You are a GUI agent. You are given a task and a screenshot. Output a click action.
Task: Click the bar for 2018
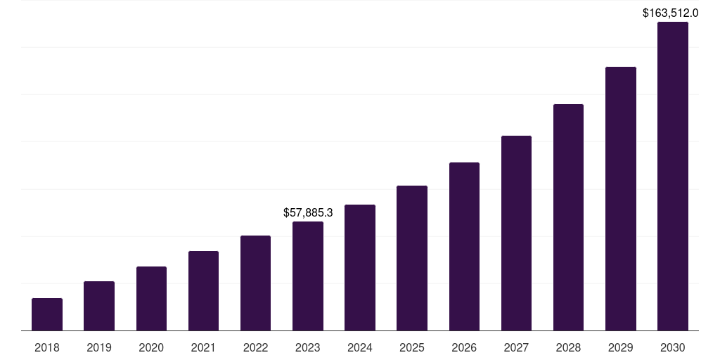coord(47,314)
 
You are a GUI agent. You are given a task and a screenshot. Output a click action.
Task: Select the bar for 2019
coord(99,306)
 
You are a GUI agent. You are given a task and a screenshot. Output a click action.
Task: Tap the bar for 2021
coord(203,290)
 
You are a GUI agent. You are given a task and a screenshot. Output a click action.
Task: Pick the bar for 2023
coord(308,276)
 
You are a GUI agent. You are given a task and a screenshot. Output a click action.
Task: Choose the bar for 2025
coord(412,258)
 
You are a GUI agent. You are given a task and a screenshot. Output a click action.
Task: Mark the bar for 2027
coord(516,233)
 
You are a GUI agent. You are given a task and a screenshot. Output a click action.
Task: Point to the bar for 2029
coord(621,198)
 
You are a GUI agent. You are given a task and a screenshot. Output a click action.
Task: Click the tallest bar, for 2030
coord(673,176)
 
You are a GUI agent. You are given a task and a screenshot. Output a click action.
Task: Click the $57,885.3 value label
coord(308,212)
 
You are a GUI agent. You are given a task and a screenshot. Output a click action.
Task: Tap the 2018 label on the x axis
coord(47,347)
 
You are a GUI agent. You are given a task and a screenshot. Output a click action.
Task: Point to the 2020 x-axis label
coord(151,347)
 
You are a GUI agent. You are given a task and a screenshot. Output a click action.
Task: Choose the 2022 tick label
coord(255,347)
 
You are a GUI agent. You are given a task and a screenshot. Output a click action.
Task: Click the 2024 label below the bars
coord(360,347)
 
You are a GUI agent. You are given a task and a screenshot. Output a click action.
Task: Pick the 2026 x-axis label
coord(464,347)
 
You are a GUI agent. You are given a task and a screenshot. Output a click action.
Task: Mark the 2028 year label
coord(568,347)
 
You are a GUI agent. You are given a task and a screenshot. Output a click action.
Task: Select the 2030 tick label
coord(673,347)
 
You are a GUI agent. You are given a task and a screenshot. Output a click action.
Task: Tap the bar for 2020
coord(151,298)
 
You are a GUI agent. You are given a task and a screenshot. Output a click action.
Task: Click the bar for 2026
coord(464,246)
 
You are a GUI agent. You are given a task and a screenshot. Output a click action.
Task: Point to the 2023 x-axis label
coord(308,347)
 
